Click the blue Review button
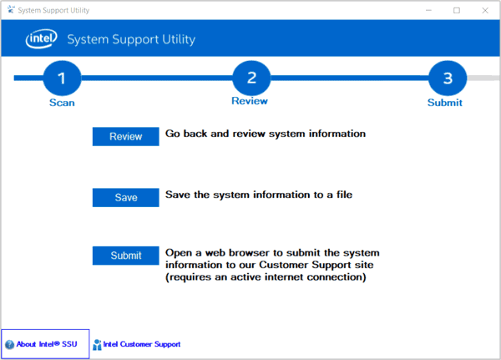(125, 136)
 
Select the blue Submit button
(125, 256)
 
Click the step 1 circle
(62, 78)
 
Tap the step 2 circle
(251, 78)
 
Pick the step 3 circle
(448, 78)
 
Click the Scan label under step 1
(62, 103)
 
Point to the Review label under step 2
(250, 101)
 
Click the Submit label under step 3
(445, 103)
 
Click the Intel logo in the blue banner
(42, 38)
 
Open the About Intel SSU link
(47, 344)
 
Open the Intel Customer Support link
(142, 344)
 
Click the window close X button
(485, 10)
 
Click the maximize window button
(457, 10)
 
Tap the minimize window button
(428, 10)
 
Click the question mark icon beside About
(9, 344)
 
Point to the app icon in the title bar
(11, 9)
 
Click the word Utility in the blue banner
(179, 39)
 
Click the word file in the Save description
(344, 195)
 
